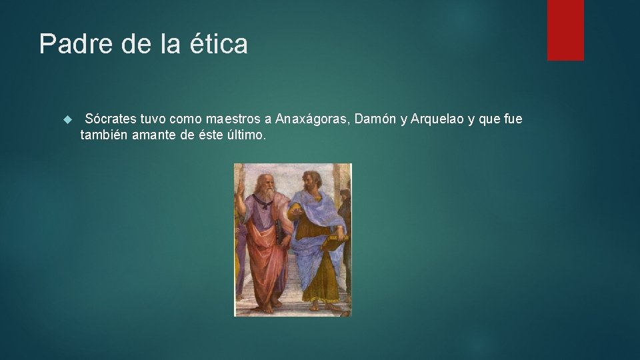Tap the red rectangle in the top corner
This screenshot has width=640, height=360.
pyautogui.click(x=565, y=30)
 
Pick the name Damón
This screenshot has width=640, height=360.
pyautogui.click(x=375, y=119)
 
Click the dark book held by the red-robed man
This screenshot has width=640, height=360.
pyautogui.click(x=278, y=230)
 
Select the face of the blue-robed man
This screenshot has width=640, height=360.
pyautogui.click(x=309, y=181)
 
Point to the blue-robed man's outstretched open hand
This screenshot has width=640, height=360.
pyautogui.click(x=293, y=211)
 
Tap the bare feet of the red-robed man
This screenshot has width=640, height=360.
pyautogui.click(x=267, y=308)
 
